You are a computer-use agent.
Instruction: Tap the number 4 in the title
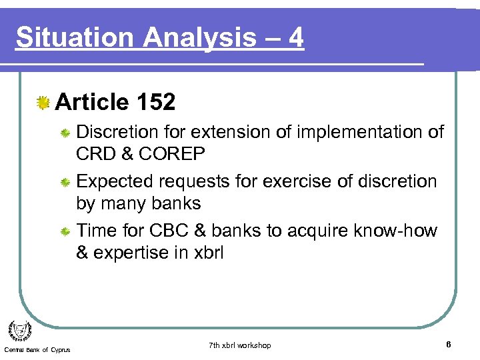point(296,38)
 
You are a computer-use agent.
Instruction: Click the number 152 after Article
point(155,102)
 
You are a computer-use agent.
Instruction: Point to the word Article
point(92,102)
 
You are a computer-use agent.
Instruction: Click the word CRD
point(97,153)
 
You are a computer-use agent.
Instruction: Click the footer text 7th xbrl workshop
point(239,345)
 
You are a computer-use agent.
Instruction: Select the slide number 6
point(449,345)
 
